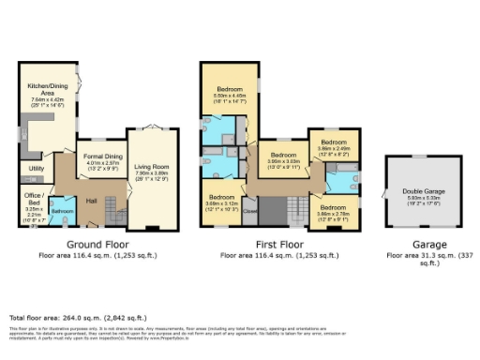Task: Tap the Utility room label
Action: [37, 169]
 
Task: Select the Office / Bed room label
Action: [33, 194]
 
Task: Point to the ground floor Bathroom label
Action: [62, 211]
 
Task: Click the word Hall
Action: [91, 201]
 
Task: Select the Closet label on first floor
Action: [250, 212]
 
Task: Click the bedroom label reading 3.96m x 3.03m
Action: [282, 156]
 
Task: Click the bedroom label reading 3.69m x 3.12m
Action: [222, 199]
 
